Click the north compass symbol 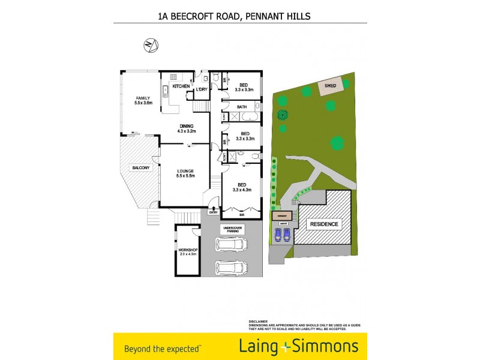pos(151,45)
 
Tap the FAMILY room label pos(143,98)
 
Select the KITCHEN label pos(181,86)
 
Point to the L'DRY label pos(202,89)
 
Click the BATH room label pos(242,107)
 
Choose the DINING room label pos(187,125)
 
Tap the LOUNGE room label pos(187,170)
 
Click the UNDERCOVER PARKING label pos(232,230)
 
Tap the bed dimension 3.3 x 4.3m pos(242,190)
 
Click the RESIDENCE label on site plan pos(324,224)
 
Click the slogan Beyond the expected pos(162,347)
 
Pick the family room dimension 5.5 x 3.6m pos(143,103)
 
